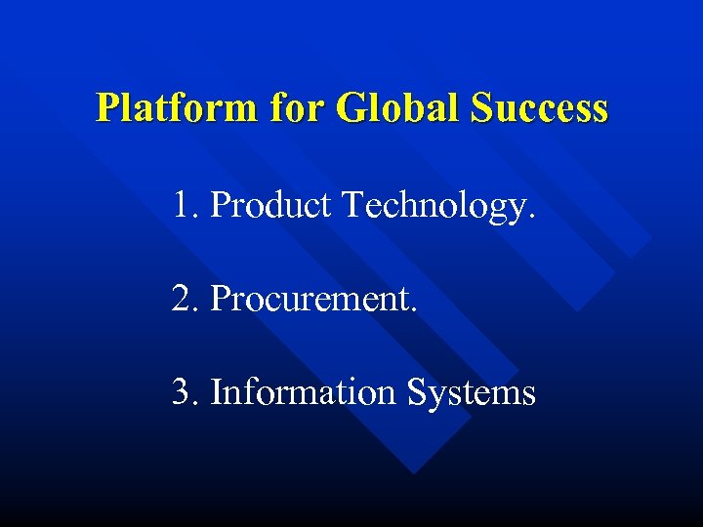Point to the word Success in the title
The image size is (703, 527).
pyautogui.click(x=539, y=107)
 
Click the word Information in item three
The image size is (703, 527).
pyautogui.click(x=304, y=392)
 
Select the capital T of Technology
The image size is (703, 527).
pyautogui.click(x=350, y=205)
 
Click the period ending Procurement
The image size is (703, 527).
pyautogui.click(x=416, y=309)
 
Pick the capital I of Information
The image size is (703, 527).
pyautogui.click(x=217, y=392)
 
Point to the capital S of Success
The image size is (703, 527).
pyautogui.click(x=481, y=107)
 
